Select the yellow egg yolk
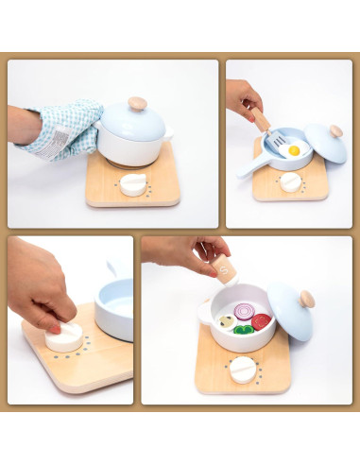click(295, 149)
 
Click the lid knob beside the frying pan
click(335, 130)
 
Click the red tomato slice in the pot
click(261, 321)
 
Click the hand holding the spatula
click(242, 95)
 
